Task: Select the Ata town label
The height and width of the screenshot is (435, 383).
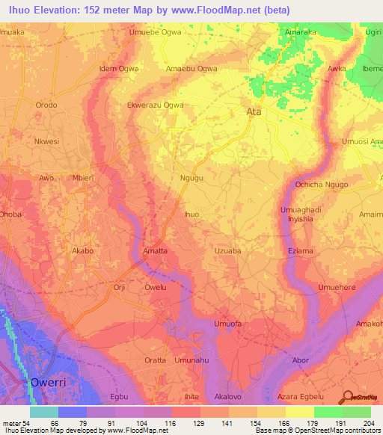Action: click(254, 112)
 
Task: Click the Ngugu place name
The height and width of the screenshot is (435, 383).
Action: click(192, 178)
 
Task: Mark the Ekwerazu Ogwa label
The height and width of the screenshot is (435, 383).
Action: click(156, 105)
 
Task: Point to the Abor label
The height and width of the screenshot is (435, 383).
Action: click(300, 360)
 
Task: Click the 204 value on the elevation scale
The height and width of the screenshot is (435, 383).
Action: click(364, 422)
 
